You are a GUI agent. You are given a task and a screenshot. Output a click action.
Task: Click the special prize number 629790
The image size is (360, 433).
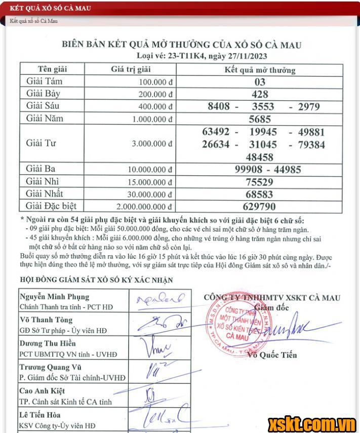click(260, 206)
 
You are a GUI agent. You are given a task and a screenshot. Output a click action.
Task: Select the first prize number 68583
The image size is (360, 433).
click(260, 194)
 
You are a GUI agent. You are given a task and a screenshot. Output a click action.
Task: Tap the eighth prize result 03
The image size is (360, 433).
click(260, 82)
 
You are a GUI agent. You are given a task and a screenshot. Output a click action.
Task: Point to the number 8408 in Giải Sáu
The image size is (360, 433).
click(219, 106)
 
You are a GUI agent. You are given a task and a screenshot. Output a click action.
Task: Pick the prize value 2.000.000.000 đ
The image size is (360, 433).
click(145, 207)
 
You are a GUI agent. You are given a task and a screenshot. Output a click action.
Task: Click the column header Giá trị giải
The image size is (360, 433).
click(131, 69)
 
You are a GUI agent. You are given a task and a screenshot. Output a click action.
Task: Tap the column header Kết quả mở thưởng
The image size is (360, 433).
click(260, 70)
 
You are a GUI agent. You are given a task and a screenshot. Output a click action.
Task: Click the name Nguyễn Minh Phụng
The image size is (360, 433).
click(54, 297)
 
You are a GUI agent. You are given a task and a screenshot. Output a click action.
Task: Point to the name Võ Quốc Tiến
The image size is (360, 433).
click(272, 355)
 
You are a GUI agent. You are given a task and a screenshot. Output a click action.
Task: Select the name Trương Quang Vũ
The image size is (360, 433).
click(51, 367)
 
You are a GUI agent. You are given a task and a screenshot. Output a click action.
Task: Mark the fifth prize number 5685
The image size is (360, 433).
click(260, 120)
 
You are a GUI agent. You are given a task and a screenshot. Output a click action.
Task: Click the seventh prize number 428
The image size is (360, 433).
click(260, 94)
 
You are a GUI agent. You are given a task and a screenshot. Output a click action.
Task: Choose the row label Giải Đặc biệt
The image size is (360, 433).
click(51, 206)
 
